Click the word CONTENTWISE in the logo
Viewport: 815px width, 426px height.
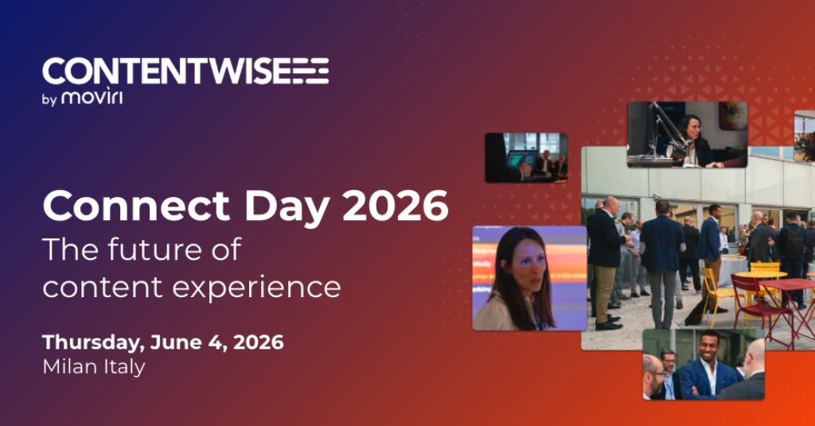pos(165,71)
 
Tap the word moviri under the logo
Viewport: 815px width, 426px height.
pos(92,96)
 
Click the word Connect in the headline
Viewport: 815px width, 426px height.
pos(136,206)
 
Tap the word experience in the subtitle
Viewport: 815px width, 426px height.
pos(256,288)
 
